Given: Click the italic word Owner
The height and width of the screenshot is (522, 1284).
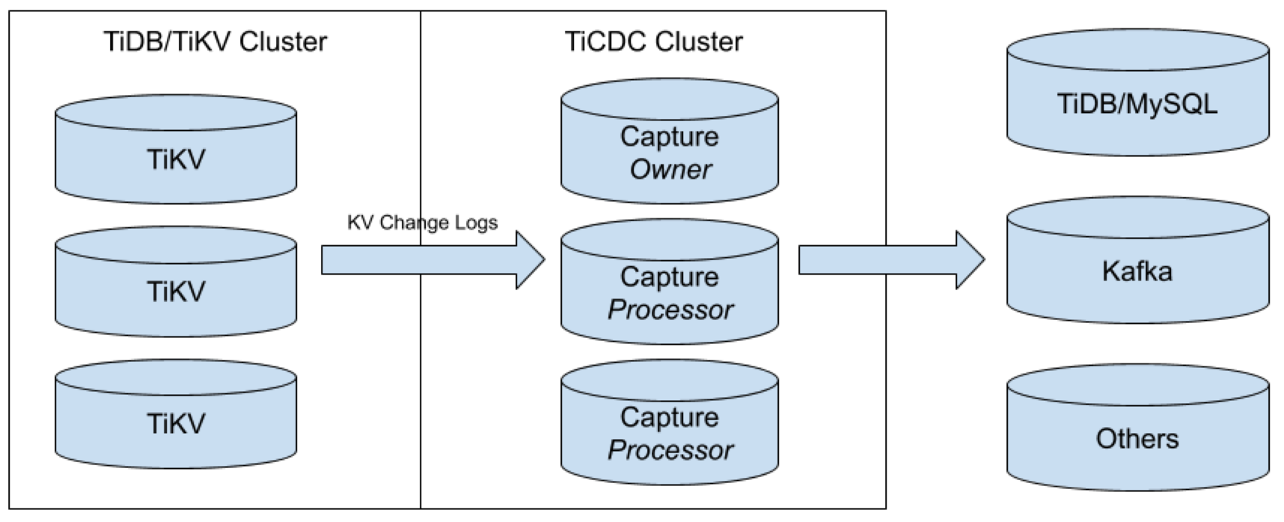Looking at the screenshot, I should click(670, 170).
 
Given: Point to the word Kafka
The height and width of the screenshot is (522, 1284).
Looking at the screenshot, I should click(1137, 271).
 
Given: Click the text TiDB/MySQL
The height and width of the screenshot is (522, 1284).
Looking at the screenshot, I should click(1137, 103).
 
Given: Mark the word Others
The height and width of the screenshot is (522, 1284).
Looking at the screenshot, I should click(1137, 438).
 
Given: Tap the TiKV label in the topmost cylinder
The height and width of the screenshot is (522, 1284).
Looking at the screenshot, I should click(176, 159).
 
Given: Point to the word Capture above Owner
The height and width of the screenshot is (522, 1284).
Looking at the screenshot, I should click(670, 136).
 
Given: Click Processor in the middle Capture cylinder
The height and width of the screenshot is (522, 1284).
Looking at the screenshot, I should click(670, 310).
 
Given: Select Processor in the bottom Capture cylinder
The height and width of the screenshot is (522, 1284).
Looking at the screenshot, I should click(670, 450).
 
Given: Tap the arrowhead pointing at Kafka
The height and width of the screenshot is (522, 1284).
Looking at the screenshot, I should click(971, 260).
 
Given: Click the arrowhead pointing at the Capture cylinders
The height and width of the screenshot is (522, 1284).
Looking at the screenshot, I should click(531, 260).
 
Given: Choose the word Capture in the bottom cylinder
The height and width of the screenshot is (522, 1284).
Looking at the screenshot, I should click(670, 417).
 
